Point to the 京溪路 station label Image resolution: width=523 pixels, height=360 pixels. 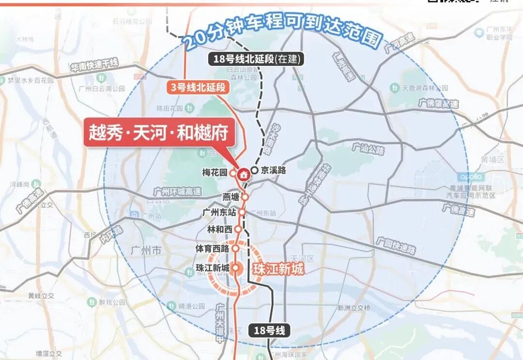(273, 170)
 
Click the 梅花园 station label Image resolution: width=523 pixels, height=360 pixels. (215, 172)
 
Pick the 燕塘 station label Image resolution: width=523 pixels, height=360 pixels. (231, 197)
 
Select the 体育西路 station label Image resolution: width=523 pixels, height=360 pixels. (212, 249)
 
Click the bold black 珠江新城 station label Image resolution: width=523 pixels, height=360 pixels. (212, 268)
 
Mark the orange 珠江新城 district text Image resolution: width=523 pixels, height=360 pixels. (278, 269)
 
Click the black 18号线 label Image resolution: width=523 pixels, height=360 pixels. (270, 331)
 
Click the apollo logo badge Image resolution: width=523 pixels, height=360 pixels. (471, 177)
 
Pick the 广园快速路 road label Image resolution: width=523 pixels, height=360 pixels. (396, 245)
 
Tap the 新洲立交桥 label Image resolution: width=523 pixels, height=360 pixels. (354, 308)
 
